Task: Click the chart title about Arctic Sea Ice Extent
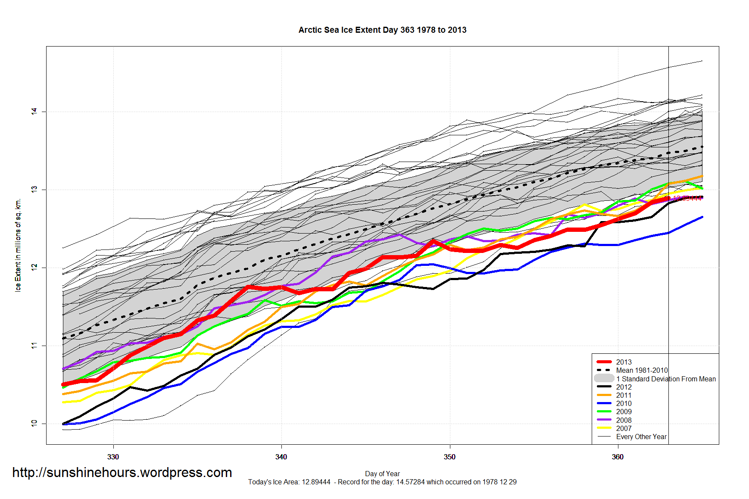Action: coord(382,30)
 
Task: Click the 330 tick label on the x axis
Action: coord(113,457)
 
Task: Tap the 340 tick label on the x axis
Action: coord(281,457)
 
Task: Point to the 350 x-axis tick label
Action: coord(449,457)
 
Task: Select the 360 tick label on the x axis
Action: coord(618,457)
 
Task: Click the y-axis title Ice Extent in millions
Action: coord(18,245)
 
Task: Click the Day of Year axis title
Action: coord(382,474)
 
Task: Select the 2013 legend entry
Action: coord(624,362)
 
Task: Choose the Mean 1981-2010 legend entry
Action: coord(642,370)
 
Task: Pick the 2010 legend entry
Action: coord(624,403)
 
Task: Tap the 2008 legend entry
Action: coord(624,420)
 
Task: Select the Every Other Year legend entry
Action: coord(641,437)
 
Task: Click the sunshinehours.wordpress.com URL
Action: coord(122,473)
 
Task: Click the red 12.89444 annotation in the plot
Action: coord(688,198)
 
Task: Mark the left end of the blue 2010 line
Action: coord(64,424)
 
